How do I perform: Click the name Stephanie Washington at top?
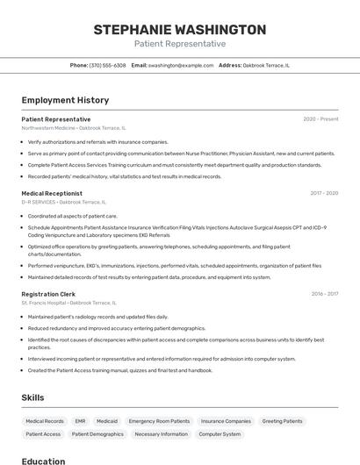pyautogui.click(x=179, y=30)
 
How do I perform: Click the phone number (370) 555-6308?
pyautogui.click(x=108, y=65)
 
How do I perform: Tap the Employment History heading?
pyautogui.click(x=65, y=100)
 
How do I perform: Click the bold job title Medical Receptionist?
pyautogui.click(x=52, y=193)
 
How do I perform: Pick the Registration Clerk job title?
pyautogui.click(x=48, y=294)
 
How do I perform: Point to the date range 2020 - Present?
pyautogui.click(x=320, y=119)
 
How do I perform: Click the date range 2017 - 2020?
pyautogui.click(x=324, y=193)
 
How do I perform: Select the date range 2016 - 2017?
pyautogui.click(x=324, y=294)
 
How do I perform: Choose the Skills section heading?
pyautogui.click(x=33, y=397)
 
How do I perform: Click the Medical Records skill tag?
pyautogui.click(x=45, y=421)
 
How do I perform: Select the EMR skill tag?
pyautogui.click(x=80, y=421)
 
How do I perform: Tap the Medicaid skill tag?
pyautogui.click(x=107, y=421)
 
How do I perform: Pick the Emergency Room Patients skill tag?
pyautogui.click(x=159, y=421)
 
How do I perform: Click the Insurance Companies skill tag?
pyautogui.click(x=226, y=421)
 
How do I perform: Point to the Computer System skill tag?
pyautogui.click(x=220, y=434)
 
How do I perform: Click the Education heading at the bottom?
pyautogui.click(x=43, y=461)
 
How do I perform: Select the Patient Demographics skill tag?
pyautogui.click(x=97, y=434)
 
